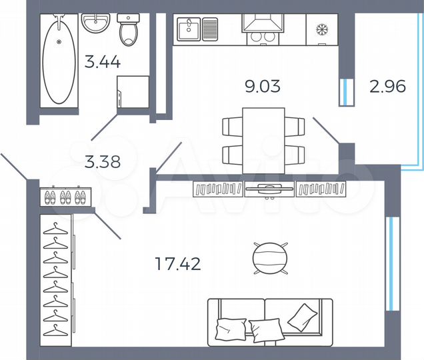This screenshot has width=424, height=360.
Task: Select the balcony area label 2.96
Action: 387,87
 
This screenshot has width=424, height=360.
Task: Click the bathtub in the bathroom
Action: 59,60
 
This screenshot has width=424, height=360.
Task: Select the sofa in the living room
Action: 270,320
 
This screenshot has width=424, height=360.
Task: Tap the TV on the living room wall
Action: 269,189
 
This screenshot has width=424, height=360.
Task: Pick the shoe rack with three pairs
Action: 65,197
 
